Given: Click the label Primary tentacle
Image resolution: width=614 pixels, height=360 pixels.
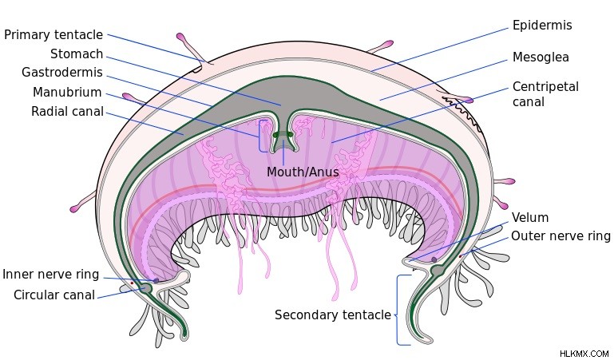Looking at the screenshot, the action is [53, 35].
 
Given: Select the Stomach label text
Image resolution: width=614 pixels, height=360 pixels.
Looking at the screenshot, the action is [77, 54].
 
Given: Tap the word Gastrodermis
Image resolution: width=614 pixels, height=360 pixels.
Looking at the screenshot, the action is [62, 73].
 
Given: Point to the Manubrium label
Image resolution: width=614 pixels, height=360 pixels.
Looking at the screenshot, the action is [67, 93].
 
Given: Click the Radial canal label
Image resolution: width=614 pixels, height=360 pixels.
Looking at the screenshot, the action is [67, 112].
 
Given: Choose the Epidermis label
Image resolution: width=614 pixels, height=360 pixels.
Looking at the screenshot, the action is [542, 26].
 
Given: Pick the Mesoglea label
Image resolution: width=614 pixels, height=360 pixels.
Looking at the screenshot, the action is [541, 57].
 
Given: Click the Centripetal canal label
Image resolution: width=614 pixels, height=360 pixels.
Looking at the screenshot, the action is [545, 94].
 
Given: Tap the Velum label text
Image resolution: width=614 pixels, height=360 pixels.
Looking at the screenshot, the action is [530, 218].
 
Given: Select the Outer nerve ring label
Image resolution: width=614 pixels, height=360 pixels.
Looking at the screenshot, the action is [561, 236].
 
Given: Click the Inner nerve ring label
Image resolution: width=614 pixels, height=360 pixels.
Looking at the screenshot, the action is [51, 275].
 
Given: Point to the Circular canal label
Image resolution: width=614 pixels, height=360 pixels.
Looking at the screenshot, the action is [54, 295].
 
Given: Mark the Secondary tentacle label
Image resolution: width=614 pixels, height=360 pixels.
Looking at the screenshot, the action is [333, 315].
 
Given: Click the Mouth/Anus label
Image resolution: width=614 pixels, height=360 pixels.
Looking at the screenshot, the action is [303, 172].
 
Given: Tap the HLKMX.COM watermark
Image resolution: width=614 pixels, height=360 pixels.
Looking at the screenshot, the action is [584, 354].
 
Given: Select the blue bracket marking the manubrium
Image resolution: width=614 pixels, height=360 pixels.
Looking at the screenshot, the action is [259, 136].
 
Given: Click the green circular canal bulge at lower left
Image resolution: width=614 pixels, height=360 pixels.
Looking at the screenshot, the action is [145, 289].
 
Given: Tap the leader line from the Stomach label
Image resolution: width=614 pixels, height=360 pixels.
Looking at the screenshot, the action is [194, 81].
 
